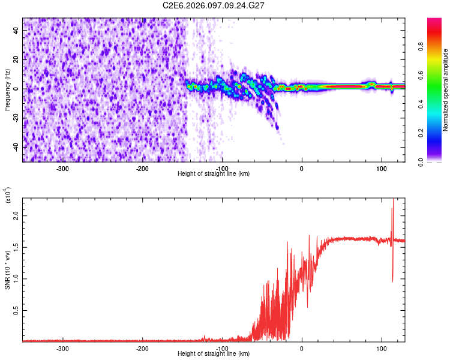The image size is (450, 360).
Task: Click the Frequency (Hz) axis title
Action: pyautogui.click(x=7, y=90)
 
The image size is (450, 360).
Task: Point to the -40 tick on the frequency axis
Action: pyautogui.click(x=16, y=147)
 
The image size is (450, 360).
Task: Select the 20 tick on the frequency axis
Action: pyautogui.click(x=17, y=60)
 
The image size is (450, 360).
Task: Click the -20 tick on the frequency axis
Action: pyautogui.click(x=16, y=118)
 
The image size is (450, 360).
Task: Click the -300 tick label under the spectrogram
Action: pyautogui.click(x=62, y=169)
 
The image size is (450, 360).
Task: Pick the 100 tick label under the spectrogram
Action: pyautogui.click(x=381, y=169)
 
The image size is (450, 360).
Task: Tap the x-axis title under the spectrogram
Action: pyautogui.click(x=214, y=174)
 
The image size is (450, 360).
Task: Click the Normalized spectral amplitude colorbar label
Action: pyautogui.click(x=445, y=90)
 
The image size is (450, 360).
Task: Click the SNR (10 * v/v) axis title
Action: pyautogui.click(x=7, y=269)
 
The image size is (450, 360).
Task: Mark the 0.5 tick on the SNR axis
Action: pyautogui.click(x=16, y=310)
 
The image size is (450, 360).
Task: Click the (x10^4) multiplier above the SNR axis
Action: pyautogui.click(x=8, y=195)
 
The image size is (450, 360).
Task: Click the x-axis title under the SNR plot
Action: pyautogui.click(x=214, y=354)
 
